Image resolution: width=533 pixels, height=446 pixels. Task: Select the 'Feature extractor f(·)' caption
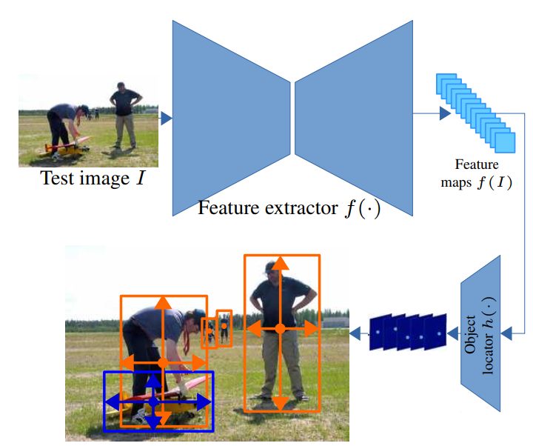point(289,208)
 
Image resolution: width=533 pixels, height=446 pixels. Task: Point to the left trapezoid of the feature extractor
point(229,115)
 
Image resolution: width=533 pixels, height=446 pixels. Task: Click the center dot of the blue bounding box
point(153,402)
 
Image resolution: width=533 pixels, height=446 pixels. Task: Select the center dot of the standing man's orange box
point(280,327)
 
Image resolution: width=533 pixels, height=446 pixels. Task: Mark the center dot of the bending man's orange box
point(163,362)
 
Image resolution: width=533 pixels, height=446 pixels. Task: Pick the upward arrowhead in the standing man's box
point(280,263)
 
